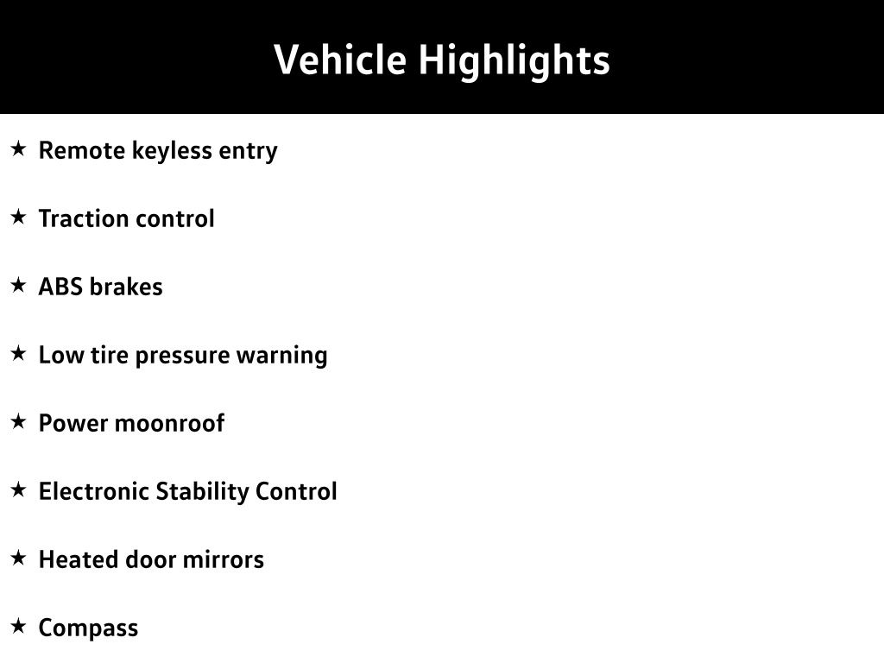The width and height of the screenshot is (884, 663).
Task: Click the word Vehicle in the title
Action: click(x=340, y=60)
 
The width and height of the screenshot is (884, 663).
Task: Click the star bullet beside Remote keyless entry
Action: click(x=19, y=148)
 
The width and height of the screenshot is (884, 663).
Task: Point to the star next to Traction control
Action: click(x=19, y=217)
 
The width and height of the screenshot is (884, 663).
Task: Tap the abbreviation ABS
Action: click(x=61, y=287)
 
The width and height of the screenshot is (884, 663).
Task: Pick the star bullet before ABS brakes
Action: click(x=19, y=285)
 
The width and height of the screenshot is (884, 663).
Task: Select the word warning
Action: click(x=282, y=356)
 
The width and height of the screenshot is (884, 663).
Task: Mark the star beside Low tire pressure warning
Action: click(x=19, y=353)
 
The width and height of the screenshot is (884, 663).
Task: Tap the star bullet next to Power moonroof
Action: click(x=19, y=421)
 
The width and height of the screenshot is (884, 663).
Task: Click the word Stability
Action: click(x=202, y=492)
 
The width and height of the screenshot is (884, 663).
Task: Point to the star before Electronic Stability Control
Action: click(x=19, y=490)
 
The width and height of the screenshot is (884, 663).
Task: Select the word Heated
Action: click(x=79, y=559)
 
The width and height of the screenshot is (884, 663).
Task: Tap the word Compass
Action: click(x=88, y=628)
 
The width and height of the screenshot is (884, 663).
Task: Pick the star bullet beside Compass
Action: click(x=19, y=627)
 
